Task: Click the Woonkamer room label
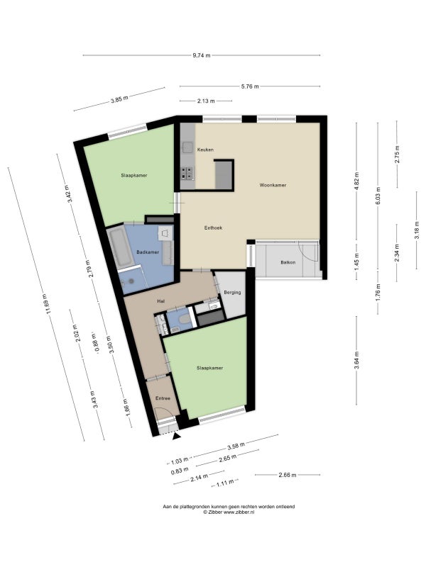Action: coord(273,185)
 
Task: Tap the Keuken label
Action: coord(205,150)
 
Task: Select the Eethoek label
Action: coord(213,228)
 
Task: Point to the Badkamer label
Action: coord(148,252)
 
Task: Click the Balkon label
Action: coord(288,262)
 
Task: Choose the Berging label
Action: coord(232,293)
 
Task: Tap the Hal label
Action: coord(160,301)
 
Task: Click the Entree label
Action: coord(163,398)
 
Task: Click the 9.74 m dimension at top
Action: coord(202,56)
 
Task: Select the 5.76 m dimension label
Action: coord(250,86)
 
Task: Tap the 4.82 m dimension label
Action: coord(356,181)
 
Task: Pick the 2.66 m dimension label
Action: coord(288,475)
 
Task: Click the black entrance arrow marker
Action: coord(176,437)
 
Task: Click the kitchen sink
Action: coord(187,147)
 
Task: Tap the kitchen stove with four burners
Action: coord(187,173)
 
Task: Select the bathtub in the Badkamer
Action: coord(120,247)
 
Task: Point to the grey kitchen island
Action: coord(224,175)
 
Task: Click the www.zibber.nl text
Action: coord(239,512)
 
